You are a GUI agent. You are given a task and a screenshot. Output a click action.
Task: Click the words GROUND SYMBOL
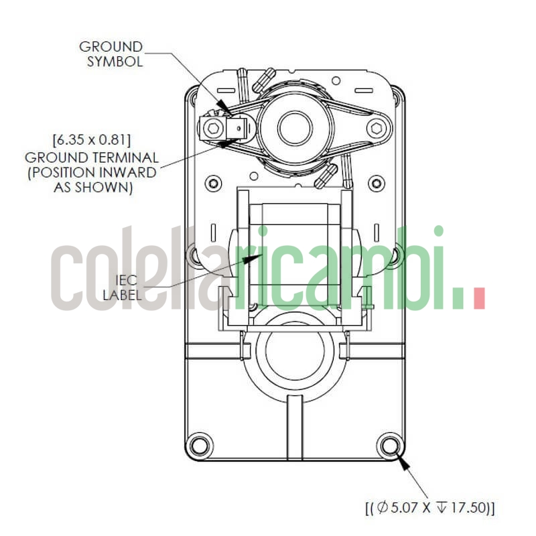111,54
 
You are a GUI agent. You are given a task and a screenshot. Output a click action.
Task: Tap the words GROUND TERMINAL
91,158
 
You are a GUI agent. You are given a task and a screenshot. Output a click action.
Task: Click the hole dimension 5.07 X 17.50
429,507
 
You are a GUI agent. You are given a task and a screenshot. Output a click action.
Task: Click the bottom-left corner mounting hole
199,444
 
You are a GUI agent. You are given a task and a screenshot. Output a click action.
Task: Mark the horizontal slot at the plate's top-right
365,89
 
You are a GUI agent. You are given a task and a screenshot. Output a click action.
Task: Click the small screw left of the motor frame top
213,182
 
